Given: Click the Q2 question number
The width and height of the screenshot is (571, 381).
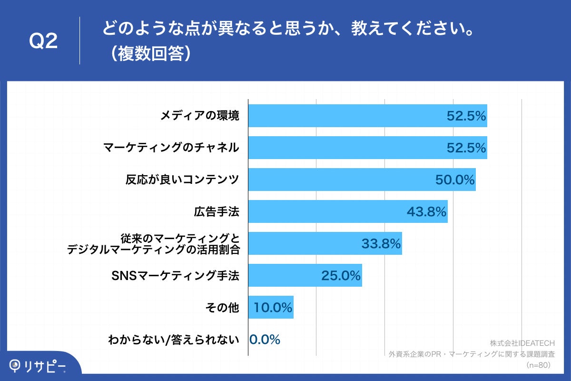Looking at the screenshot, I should [43, 41].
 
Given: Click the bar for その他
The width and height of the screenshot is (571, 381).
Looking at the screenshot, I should [270, 307].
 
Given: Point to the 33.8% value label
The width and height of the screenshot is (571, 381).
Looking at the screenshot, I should [381, 244].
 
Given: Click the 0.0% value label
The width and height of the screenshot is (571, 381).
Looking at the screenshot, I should [265, 339].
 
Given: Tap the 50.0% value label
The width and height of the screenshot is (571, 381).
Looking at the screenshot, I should [455, 180].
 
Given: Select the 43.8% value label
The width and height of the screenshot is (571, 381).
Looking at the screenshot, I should [426, 212].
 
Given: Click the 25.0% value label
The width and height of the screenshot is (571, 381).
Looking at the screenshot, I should [341, 276].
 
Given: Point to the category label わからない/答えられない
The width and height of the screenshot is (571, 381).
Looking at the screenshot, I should [173, 340].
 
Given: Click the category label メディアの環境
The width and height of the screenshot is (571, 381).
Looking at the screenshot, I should [199, 116].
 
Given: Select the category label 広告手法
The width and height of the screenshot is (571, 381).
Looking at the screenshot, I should [216, 211].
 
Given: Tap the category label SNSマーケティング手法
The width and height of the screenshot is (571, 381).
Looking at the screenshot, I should [175, 275].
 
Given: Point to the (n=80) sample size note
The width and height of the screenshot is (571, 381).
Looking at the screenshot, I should [538, 365].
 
